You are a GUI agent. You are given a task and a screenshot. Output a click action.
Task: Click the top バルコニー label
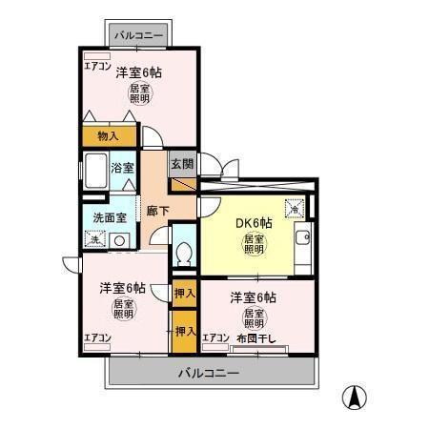pyautogui.click(x=139, y=36)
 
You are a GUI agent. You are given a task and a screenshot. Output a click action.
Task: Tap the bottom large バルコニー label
pyautogui.click(x=209, y=372)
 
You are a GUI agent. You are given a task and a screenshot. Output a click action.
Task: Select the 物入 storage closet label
pyautogui.click(x=109, y=135)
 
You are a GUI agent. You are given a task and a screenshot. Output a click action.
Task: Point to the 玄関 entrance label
pyautogui.click(x=182, y=163)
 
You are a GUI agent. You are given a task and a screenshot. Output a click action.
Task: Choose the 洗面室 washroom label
pyautogui.click(x=108, y=217)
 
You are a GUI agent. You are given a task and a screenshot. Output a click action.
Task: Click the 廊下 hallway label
pyautogui.click(x=157, y=212)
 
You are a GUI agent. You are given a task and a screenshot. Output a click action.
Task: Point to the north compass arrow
pyautogui.click(x=355, y=395)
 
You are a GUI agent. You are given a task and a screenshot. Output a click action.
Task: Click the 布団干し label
pyautogui.click(x=255, y=337)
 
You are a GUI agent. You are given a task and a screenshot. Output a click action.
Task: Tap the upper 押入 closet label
pyautogui.click(x=185, y=294)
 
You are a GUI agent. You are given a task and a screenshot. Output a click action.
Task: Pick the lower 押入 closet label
pyautogui.click(x=185, y=332)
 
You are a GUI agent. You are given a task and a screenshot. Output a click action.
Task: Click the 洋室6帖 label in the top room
pyautogui.click(x=139, y=72)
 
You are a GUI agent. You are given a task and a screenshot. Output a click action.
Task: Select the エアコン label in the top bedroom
pyautogui.click(x=97, y=66)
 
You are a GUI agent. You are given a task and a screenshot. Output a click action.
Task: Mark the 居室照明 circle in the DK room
pyautogui.click(x=254, y=244)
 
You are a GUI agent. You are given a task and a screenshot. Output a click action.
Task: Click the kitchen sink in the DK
pyautogui.click(x=304, y=238)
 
